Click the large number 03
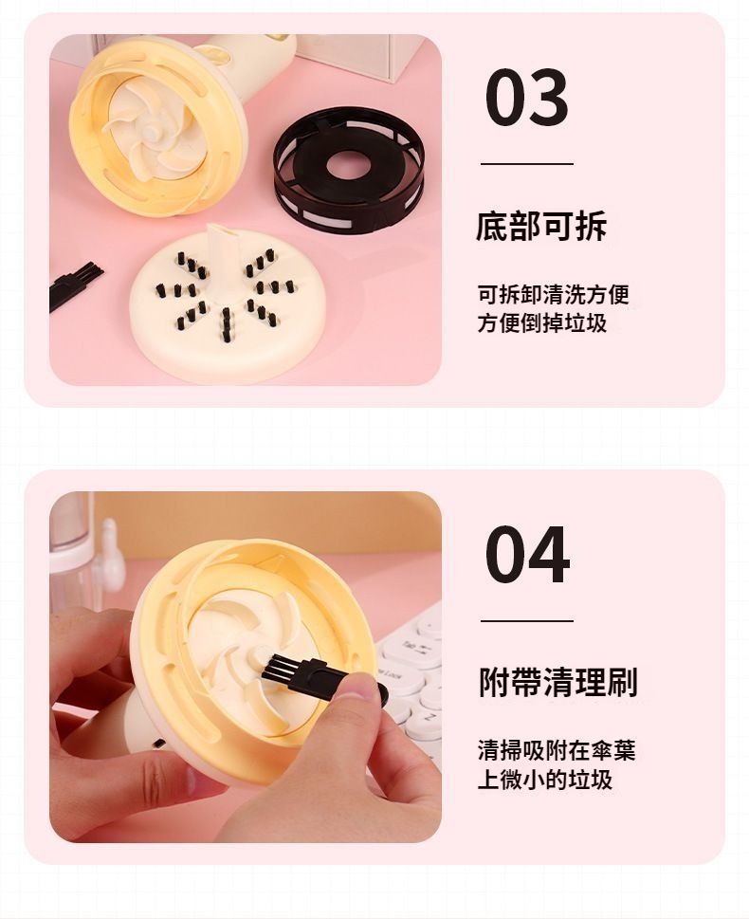coord(527,98)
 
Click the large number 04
coord(527,555)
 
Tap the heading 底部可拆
coord(541,227)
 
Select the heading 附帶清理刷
coord(557,682)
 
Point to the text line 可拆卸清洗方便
coord(554,294)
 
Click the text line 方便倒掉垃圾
coord(542,323)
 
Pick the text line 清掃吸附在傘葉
coord(557,751)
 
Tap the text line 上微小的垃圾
coord(545,780)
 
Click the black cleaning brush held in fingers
coord(320,677)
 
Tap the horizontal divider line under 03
coord(527,164)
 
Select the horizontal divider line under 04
coord(527,620)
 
